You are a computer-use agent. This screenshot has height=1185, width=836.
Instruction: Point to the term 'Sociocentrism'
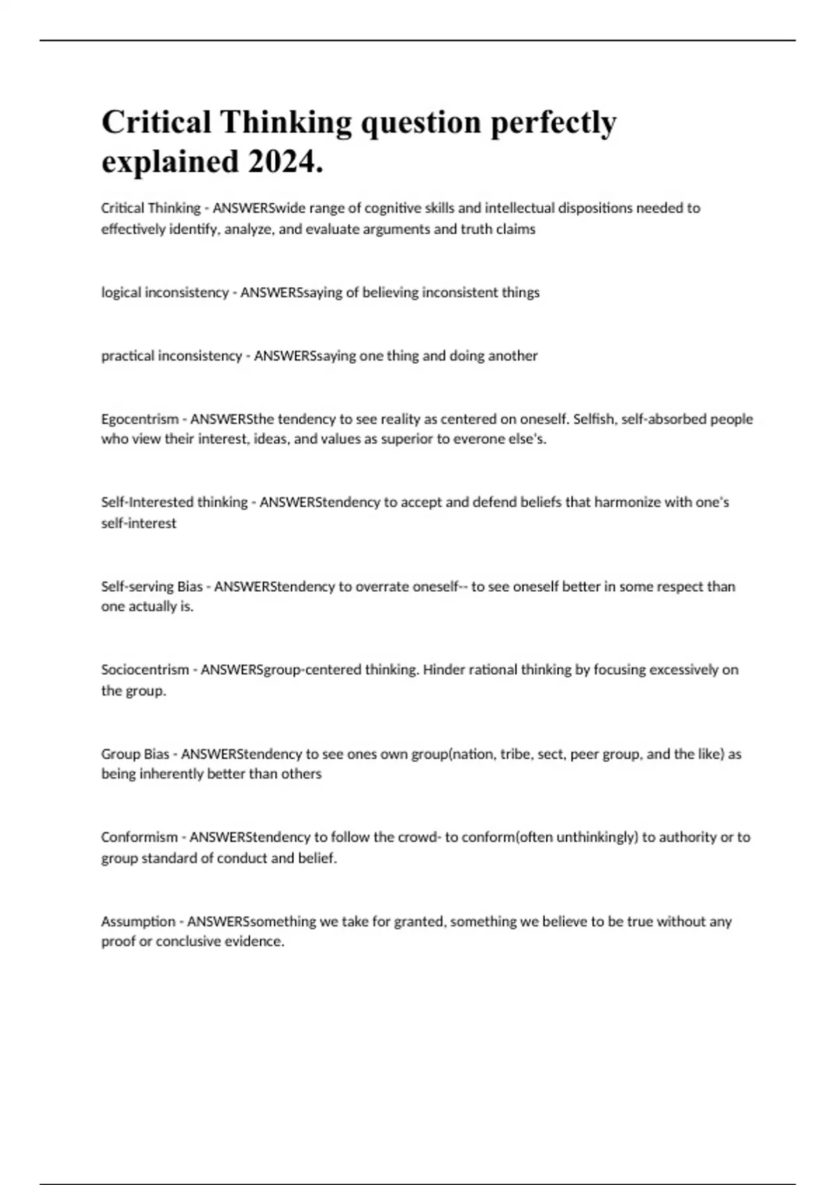click(x=145, y=670)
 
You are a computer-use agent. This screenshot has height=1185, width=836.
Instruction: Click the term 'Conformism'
click(x=139, y=837)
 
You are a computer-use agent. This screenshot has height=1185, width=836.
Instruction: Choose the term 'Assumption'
click(x=138, y=922)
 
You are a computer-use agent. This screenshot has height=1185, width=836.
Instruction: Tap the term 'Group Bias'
click(x=135, y=754)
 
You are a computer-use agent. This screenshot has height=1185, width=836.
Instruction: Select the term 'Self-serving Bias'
click(x=152, y=587)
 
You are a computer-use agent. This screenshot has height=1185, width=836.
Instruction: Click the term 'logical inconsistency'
click(x=164, y=293)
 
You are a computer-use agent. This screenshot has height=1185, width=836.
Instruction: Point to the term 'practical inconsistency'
click(x=171, y=356)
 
